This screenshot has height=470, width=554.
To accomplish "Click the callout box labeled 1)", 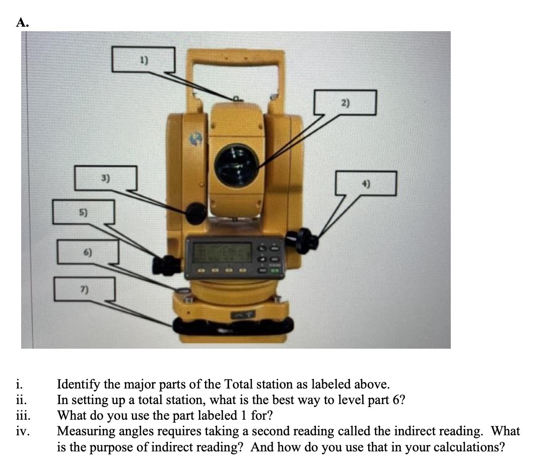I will pyautogui.click(x=144, y=59).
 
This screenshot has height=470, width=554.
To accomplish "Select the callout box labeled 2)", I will pyautogui.click(x=345, y=103).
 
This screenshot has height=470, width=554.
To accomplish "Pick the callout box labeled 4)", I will pyautogui.click(x=367, y=183).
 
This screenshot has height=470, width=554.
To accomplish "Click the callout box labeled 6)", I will pyautogui.click(x=88, y=251).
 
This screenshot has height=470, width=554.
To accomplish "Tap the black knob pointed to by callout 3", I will pyautogui.click(x=195, y=213).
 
